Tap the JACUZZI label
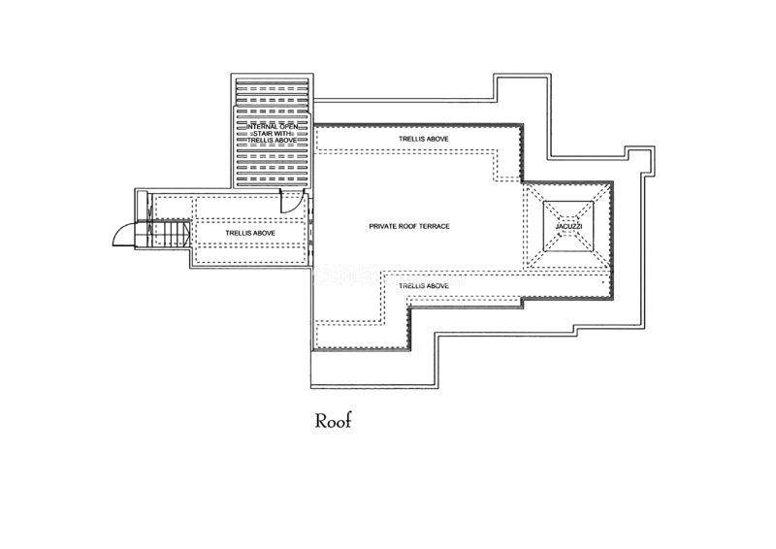click(x=569, y=226)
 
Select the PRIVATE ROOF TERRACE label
click(x=409, y=226)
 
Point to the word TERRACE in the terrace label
click(x=436, y=226)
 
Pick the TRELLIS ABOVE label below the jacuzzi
click(x=424, y=286)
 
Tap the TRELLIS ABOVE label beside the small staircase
click(x=251, y=234)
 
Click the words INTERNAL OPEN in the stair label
click(x=273, y=127)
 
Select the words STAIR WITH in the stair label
click(x=273, y=134)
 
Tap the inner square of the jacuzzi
click(x=569, y=226)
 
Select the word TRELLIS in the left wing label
click(x=240, y=234)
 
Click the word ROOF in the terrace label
click(x=409, y=226)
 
